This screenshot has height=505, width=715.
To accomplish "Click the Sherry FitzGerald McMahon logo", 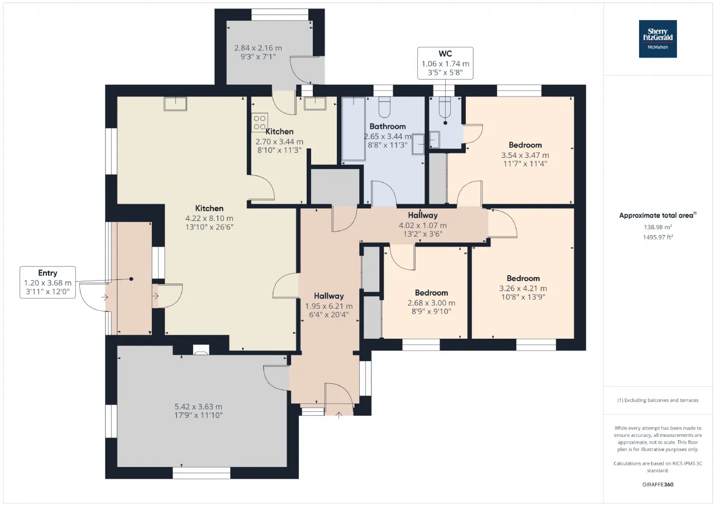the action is tap(657, 39).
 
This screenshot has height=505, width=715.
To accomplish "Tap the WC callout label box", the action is tap(445, 63).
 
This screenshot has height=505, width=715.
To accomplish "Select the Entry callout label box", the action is tap(47, 282).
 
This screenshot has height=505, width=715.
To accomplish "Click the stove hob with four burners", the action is tap(260, 122).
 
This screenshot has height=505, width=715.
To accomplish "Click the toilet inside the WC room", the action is tap(445, 108).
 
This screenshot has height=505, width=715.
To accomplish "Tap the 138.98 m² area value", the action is tap(658, 227).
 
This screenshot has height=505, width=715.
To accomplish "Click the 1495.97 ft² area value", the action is tap(658, 237).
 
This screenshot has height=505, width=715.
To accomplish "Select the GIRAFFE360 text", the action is tap(658, 484).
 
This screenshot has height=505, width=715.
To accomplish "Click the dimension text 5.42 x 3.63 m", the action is tap(198, 406).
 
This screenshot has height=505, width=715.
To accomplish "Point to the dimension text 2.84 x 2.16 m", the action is tap(258, 48).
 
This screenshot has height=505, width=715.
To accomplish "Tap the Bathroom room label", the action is tap(388, 126).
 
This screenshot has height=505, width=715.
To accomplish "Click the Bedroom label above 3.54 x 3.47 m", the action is tap(525, 145).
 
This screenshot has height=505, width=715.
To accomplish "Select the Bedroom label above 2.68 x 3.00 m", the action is tap(431, 292).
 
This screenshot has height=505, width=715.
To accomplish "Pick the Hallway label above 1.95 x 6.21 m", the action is tap(329, 296).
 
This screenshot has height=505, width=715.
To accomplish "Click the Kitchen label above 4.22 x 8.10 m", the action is tap(209, 208).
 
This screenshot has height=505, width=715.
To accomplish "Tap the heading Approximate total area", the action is tap(657, 215).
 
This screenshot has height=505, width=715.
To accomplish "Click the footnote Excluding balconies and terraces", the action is tap(658, 400).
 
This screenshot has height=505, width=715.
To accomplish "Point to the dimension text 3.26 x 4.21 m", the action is tap(523, 288).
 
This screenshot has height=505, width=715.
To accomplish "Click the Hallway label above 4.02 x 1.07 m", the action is tap(423, 215).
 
